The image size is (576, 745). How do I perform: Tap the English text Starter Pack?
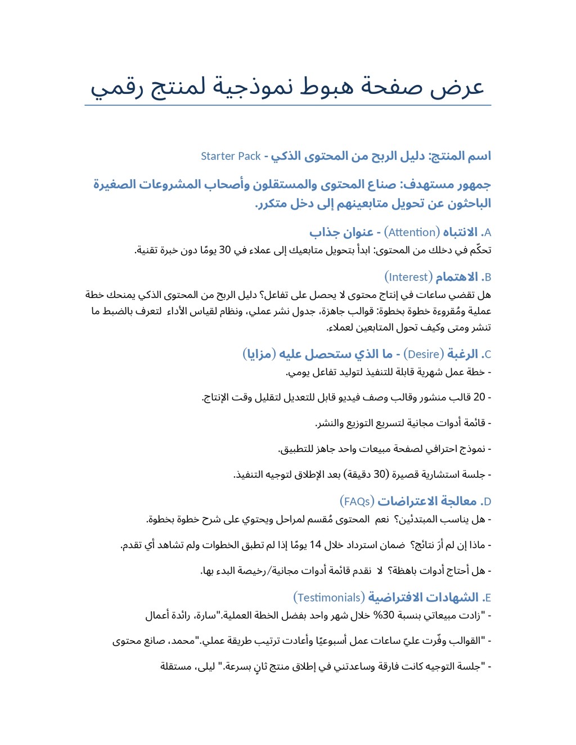tap(231, 156)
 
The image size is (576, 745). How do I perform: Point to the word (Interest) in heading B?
tap(409, 277)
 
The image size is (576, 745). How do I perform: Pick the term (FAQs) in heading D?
tap(357, 501)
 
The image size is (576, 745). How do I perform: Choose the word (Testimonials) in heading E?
tap(329, 597)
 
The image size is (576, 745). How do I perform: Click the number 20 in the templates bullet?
tap(479, 397)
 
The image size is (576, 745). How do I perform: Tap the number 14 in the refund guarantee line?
tap(316, 545)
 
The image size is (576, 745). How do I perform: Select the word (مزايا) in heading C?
tap(259, 354)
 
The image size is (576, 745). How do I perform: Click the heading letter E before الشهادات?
tap(487, 598)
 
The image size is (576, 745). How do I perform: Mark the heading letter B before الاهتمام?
tap(488, 277)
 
